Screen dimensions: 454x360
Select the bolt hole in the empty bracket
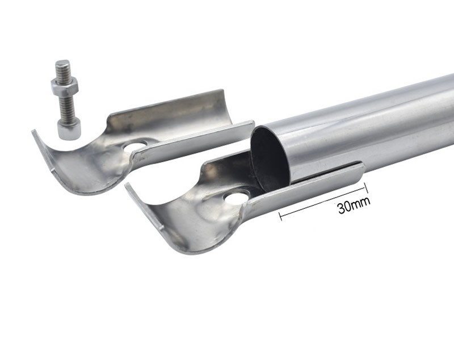(136, 146)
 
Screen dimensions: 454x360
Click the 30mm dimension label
(354, 206)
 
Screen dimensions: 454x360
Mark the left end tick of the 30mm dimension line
(280, 216)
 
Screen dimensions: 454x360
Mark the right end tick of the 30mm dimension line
(365, 188)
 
